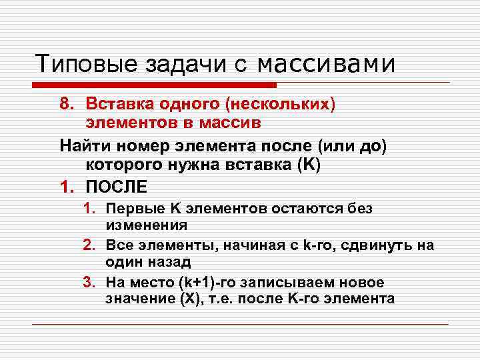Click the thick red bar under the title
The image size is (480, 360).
coord(153,85)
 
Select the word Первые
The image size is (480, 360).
coord(130,209)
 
